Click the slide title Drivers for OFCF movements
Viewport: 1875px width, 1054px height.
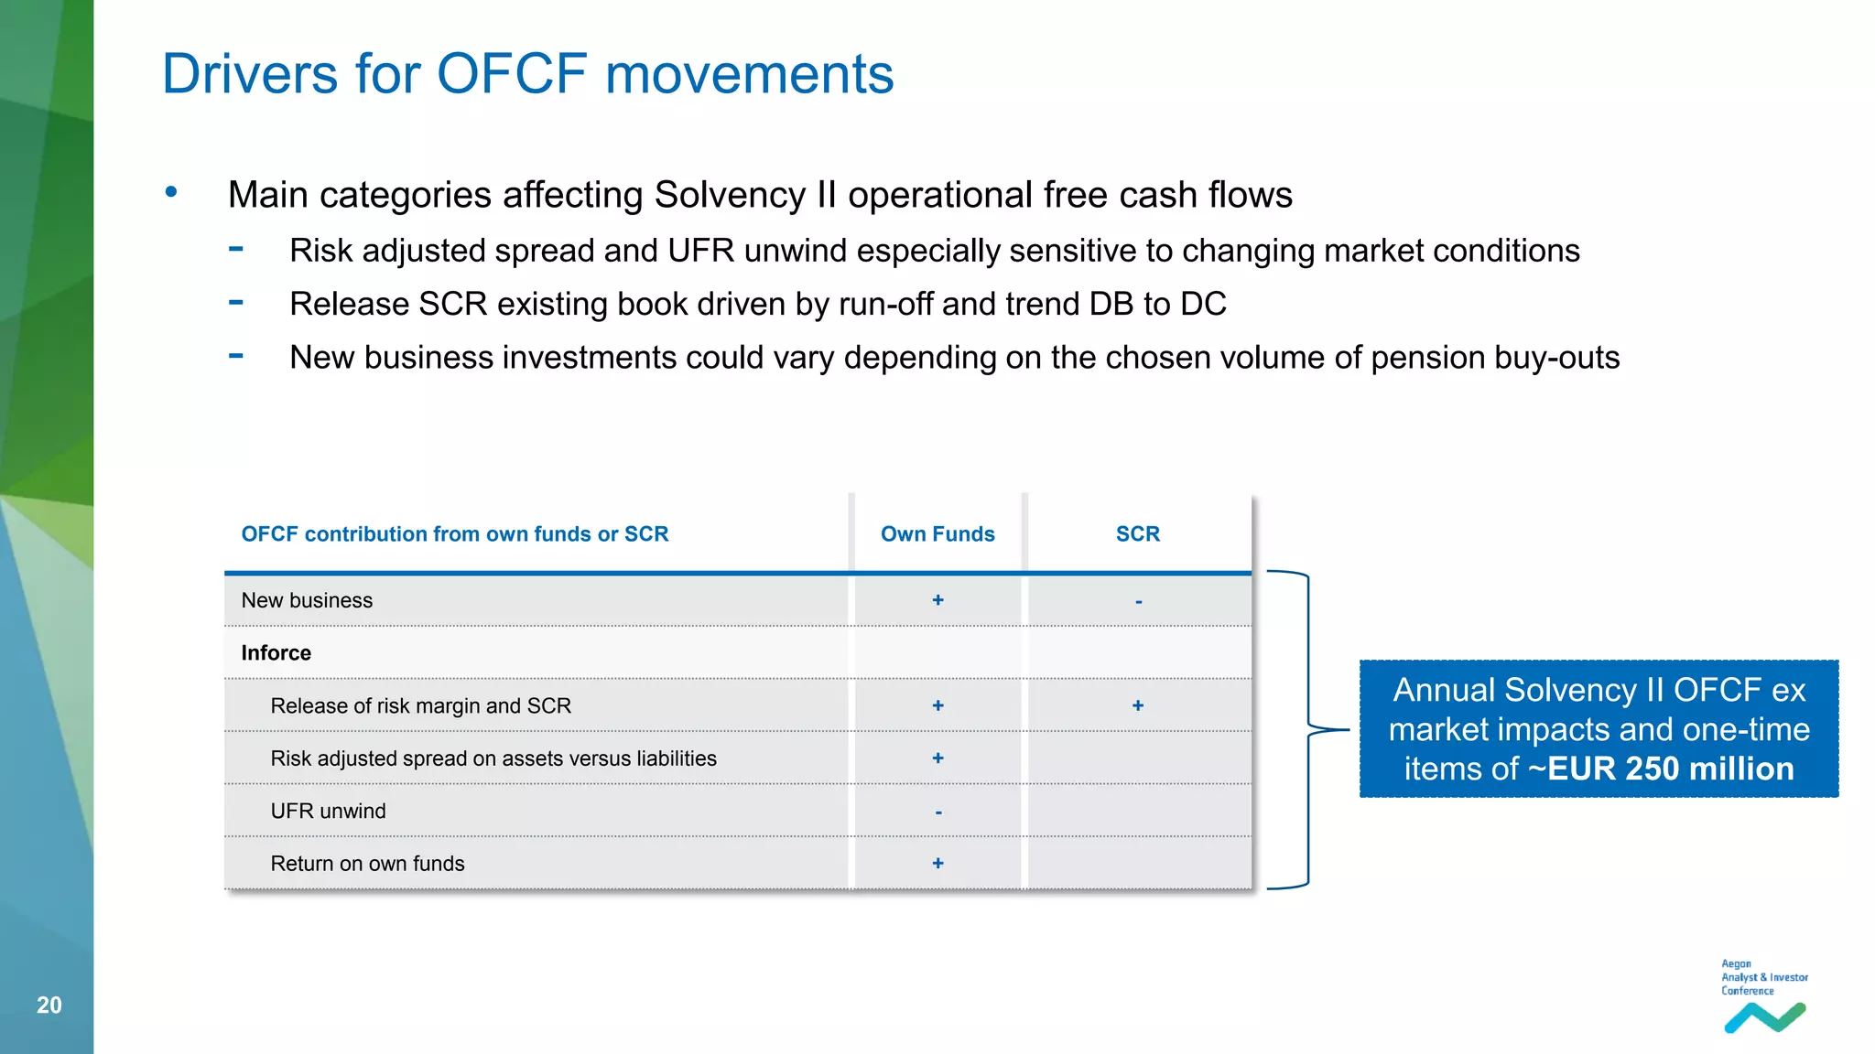(527, 73)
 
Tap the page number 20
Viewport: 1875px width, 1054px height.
(49, 1005)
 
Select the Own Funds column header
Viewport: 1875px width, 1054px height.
(937, 534)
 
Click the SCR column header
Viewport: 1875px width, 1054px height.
(1137, 534)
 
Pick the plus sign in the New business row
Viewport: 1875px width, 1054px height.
(937, 600)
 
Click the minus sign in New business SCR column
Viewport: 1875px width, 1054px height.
(1138, 602)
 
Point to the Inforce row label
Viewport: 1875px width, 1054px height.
(276, 653)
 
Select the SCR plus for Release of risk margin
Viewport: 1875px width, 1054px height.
(1137, 705)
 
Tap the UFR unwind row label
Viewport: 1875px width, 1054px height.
(328, 812)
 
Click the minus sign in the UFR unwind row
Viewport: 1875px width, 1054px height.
(938, 812)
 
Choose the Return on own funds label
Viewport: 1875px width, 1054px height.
(367, 864)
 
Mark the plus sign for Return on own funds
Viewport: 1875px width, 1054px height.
(937, 864)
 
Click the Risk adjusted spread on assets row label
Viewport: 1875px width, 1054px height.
(493, 758)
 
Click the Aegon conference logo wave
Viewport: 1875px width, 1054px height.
(1764, 1017)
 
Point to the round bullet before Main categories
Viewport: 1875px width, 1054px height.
(171, 192)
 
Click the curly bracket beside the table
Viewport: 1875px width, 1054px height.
(1309, 729)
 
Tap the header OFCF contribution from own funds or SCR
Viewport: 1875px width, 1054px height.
(454, 534)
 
